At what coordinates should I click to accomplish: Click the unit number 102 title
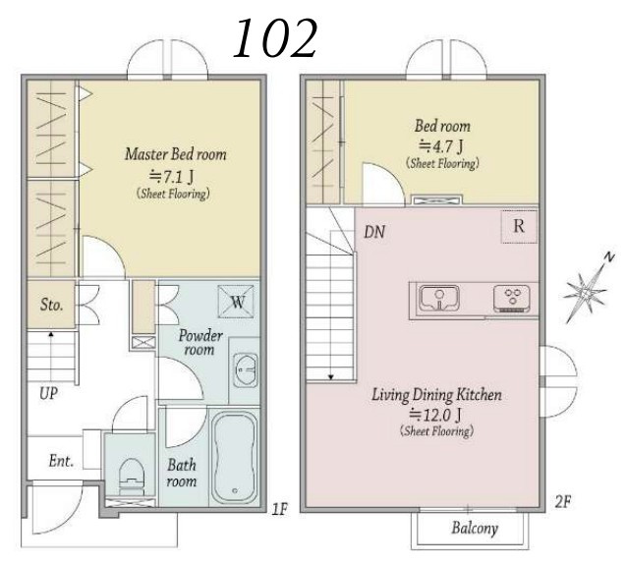(275, 38)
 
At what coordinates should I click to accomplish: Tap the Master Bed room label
(175, 154)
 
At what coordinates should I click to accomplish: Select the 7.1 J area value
(172, 176)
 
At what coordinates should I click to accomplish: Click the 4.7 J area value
(441, 146)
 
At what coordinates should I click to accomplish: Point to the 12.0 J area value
(435, 415)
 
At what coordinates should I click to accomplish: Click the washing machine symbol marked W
(236, 302)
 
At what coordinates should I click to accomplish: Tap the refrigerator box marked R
(519, 226)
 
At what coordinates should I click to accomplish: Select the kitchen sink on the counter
(438, 299)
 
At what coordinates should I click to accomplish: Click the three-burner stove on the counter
(512, 299)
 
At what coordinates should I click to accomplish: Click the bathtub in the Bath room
(234, 458)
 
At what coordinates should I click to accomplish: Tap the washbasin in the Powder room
(246, 370)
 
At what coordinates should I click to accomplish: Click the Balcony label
(475, 528)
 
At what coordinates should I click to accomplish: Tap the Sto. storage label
(51, 305)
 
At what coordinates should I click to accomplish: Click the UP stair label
(48, 393)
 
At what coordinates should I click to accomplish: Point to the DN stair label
(374, 232)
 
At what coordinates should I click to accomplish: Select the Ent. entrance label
(61, 461)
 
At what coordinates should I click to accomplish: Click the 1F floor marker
(280, 509)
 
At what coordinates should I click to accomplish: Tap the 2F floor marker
(563, 502)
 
